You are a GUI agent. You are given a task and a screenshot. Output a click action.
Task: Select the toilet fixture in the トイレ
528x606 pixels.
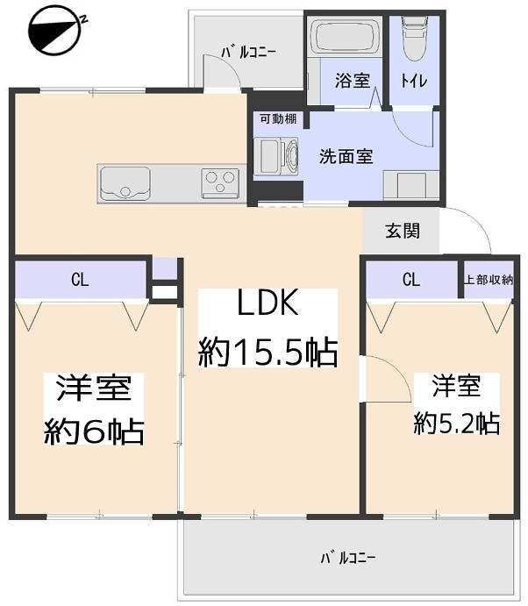[x=414, y=39]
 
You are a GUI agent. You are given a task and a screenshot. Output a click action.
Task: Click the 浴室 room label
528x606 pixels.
[x=353, y=81]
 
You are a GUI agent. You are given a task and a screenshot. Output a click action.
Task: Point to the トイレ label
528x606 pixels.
[x=414, y=81]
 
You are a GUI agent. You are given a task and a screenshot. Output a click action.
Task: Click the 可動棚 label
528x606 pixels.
[x=278, y=118]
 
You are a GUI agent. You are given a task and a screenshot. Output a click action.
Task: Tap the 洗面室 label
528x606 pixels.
[x=346, y=156]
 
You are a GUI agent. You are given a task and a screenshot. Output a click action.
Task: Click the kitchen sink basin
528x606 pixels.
[x=125, y=183]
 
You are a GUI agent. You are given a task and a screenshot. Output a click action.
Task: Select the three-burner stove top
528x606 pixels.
[x=220, y=182]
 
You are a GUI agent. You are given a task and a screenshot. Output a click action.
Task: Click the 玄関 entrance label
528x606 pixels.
[x=403, y=231]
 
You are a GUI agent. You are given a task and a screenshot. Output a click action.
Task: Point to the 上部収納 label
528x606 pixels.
[x=489, y=280]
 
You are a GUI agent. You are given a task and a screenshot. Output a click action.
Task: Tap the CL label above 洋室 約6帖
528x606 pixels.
[x=80, y=279]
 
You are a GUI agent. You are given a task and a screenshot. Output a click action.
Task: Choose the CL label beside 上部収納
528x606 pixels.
[x=410, y=279]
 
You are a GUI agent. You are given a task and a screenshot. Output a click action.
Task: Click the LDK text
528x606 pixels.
[x=268, y=303]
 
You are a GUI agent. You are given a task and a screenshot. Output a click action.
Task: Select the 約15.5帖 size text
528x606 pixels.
[x=268, y=352]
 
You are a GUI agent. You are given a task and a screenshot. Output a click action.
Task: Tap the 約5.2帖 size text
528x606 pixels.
[x=456, y=424]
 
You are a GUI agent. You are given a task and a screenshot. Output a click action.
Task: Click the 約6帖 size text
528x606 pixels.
[x=94, y=431]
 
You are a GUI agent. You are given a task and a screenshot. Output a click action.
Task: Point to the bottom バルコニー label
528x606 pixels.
[x=348, y=558]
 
